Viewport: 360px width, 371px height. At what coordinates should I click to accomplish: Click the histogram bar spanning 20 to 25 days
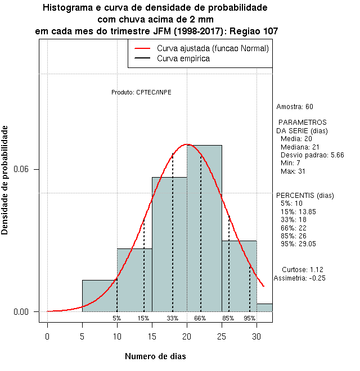[x=204, y=236]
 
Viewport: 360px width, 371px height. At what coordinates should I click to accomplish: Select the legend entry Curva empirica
[x=183, y=58]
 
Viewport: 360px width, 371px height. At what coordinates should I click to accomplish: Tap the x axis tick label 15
[x=152, y=337]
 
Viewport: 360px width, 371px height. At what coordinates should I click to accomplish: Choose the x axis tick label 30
[x=256, y=337]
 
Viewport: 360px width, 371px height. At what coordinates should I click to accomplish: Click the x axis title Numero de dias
[x=155, y=356]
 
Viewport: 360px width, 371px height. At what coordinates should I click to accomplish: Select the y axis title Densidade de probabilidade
[x=5, y=180]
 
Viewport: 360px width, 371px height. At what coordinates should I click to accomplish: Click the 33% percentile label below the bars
[x=172, y=318]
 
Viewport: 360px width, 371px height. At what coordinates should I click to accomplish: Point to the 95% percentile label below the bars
[x=249, y=318]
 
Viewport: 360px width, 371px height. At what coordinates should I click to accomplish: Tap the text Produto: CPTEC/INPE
[x=141, y=92]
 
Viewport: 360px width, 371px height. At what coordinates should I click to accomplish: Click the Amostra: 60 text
[x=295, y=106]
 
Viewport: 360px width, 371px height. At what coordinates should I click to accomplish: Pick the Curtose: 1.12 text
[x=303, y=269]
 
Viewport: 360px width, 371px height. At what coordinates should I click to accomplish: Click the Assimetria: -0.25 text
[x=299, y=278]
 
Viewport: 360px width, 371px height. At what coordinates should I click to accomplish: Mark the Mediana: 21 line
[x=300, y=147]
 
